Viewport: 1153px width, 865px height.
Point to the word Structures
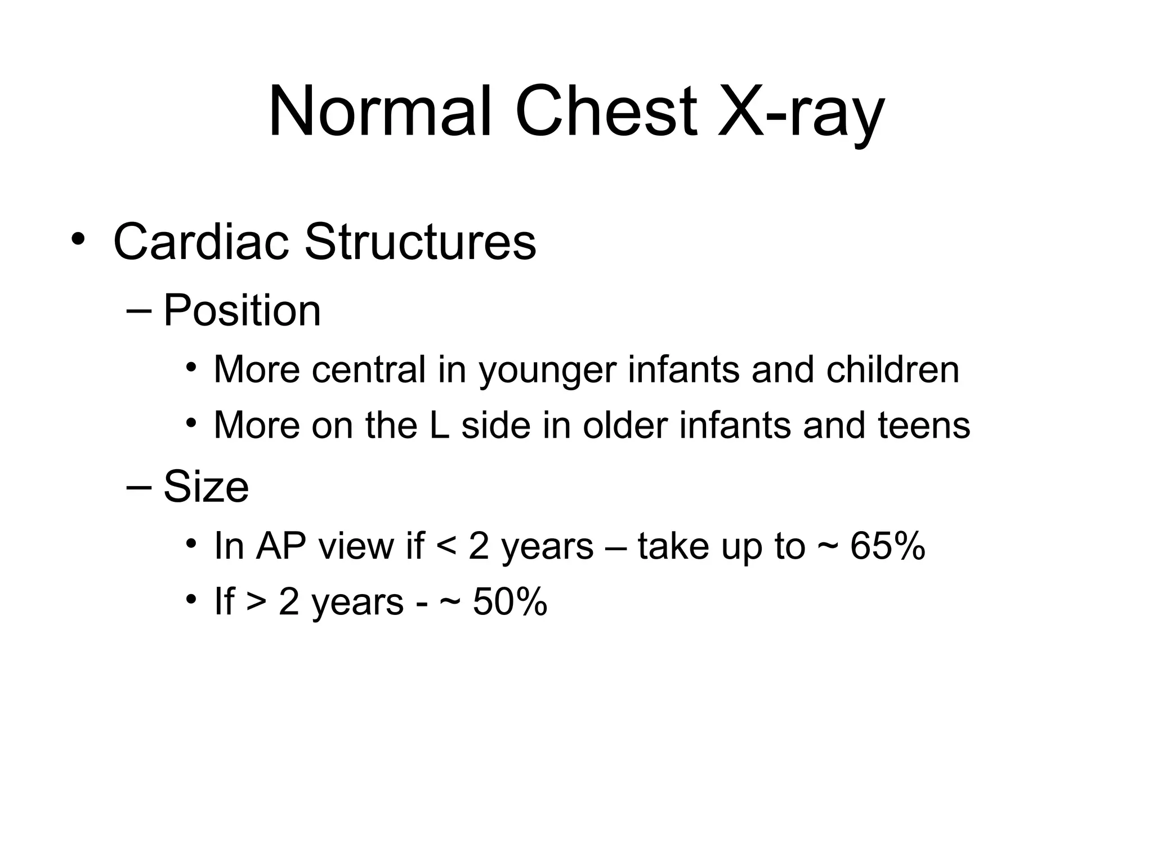420,242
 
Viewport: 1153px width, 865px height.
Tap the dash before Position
140,311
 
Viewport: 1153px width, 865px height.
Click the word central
368,370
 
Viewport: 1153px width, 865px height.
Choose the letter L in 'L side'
440,425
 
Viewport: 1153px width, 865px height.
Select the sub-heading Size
206,487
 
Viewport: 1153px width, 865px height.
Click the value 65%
887,546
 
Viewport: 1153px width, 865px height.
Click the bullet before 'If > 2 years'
191,599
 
